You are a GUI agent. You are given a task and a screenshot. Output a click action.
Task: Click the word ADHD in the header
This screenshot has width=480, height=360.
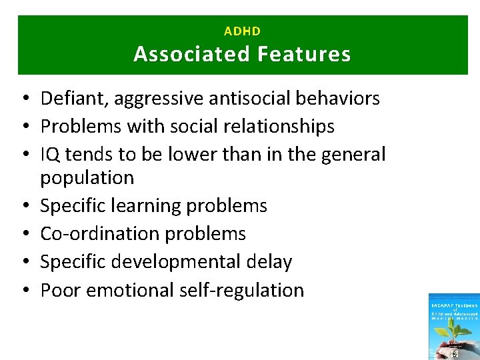point(242,31)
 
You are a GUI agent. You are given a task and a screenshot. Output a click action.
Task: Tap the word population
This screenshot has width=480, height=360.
point(87,178)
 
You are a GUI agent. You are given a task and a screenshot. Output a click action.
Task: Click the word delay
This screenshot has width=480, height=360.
point(268,262)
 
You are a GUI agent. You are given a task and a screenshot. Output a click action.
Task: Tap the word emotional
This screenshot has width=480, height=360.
point(130,290)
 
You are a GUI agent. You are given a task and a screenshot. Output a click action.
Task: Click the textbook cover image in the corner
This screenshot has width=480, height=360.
point(454,327)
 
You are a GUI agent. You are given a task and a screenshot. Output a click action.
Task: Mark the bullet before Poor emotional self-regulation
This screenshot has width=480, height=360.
point(23,291)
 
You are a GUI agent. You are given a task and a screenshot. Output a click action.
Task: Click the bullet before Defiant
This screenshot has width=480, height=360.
point(23,99)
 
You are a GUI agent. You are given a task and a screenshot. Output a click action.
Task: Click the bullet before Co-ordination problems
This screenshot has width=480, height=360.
point(23,235)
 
